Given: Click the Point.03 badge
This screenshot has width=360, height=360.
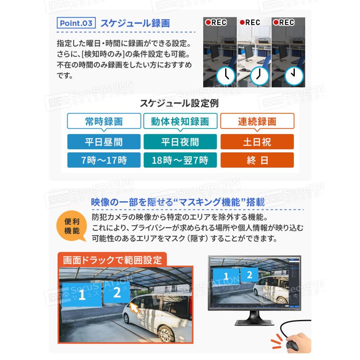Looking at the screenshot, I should pyautogui.click(x=76, y=23).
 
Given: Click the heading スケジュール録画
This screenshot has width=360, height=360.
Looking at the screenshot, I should pyautogui.click(x=135, y=23).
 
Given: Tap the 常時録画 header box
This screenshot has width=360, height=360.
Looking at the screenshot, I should pyautogui.click(x=104, y=121).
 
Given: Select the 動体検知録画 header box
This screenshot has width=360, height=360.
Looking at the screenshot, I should pyautogui.click(x=180, y=121).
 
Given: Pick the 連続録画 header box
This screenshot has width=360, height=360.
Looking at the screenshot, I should pyautogui.click(x=257, y=121).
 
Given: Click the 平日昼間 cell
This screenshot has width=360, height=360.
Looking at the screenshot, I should pyautogui.click(x=104, y=142).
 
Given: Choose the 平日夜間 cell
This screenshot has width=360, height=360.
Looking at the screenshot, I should pyautogui.click(x=180, y=142).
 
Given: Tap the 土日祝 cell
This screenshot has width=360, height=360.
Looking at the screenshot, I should pyautogui.click(x=257, y=142).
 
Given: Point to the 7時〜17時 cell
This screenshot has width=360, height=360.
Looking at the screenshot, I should pyautogui.click(x=104, y=160).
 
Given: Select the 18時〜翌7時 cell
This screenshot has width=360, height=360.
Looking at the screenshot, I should pyautogui.click(x=180, y=160).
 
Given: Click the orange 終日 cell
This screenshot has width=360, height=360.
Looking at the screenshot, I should pyautogui.click(x=257, y=160).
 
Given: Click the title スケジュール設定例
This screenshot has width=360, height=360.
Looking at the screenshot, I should pyautogui.click(x=179, y=103).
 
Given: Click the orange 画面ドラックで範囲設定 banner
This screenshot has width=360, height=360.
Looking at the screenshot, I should pyautogui.click(x=112, y=260).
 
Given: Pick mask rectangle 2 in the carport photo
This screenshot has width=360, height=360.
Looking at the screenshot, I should pyautogui.click(x=117, y=293).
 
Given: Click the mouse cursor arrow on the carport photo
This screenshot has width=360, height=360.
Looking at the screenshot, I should pyautogui.click(x=134, y=308).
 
